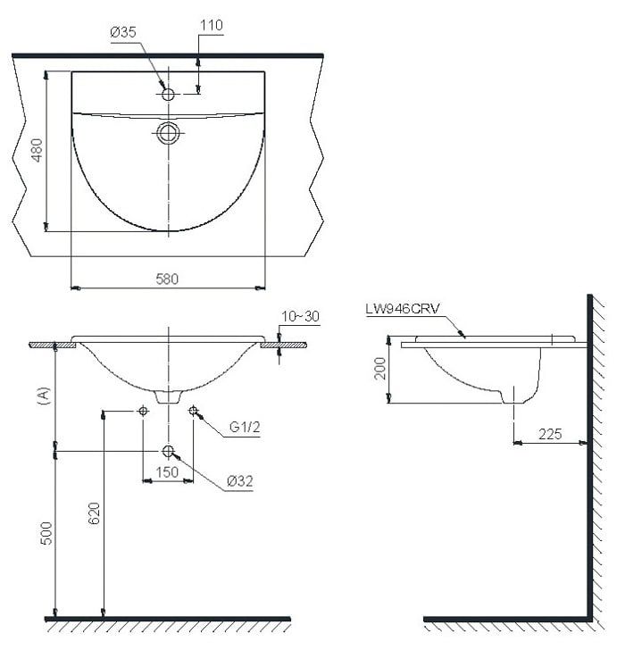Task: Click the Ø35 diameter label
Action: tap(123, 32)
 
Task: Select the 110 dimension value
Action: tap(212, 25)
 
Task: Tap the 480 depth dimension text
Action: tap(37, 150)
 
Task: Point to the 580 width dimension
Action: tap(167, 279)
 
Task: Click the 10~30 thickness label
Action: tap(301, 317)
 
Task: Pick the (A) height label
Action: tap(44, 396)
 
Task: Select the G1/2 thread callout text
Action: tap(245, 427)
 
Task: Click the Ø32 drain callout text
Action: tap(240, 481)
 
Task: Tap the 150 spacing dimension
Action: tap(167, 472)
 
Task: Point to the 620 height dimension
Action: tap(95, 513)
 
